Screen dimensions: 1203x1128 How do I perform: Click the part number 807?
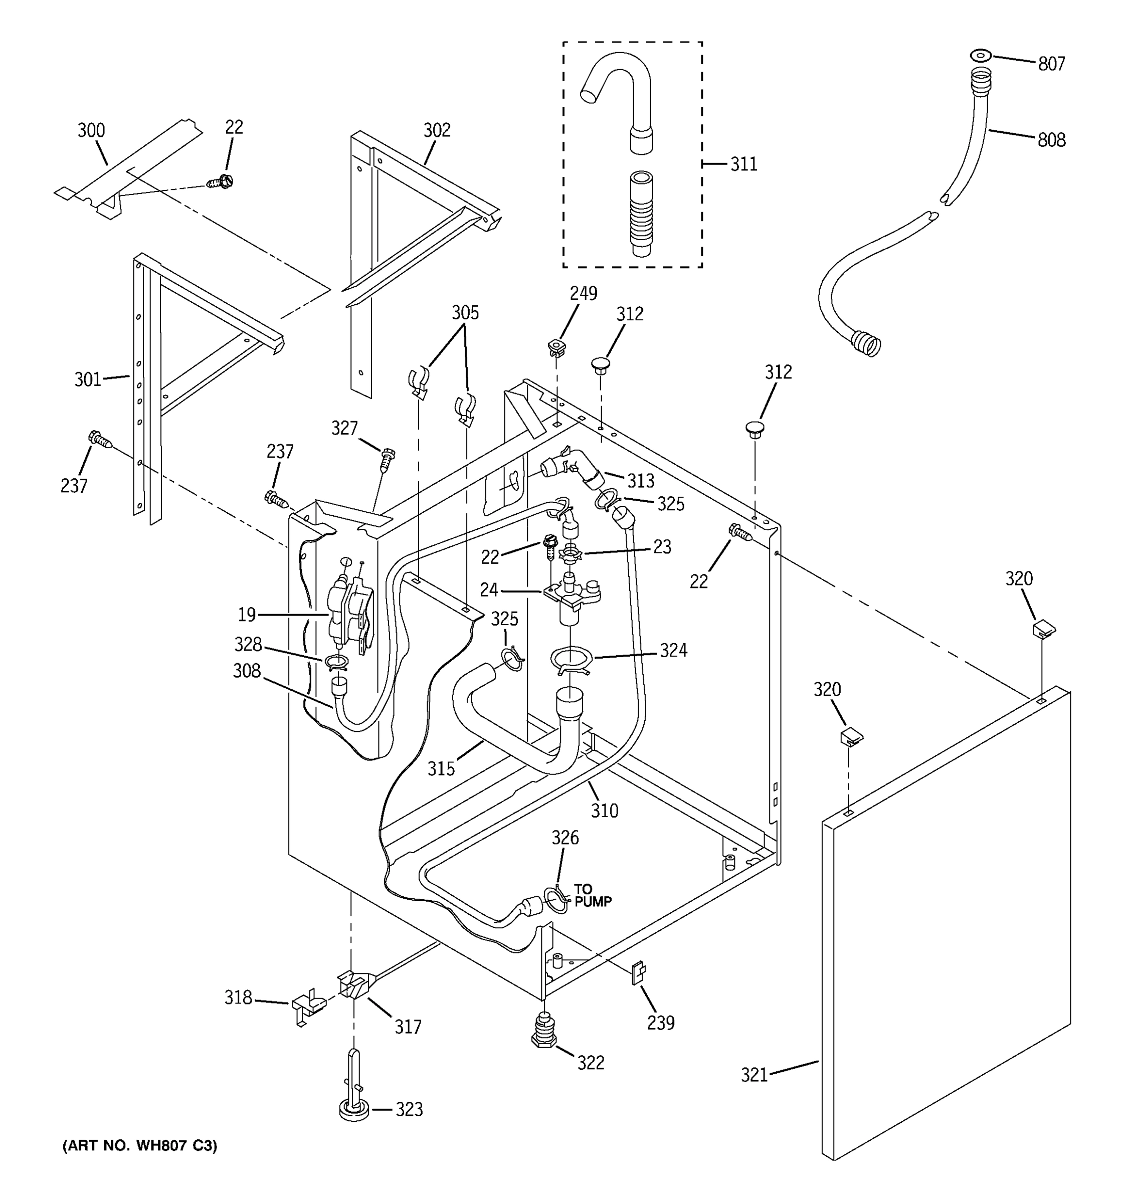(1051, 64)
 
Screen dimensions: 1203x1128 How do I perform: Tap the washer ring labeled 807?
(980, 56)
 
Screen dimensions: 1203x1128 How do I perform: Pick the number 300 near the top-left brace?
(91, 131)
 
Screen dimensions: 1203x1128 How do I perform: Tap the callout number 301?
(88, 380)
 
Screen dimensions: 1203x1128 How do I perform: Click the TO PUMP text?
(592, 896)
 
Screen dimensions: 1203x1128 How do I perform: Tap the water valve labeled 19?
(350, 614)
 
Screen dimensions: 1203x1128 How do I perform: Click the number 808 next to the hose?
(1051, 140)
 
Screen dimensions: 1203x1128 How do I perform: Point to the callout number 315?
(441, 769)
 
